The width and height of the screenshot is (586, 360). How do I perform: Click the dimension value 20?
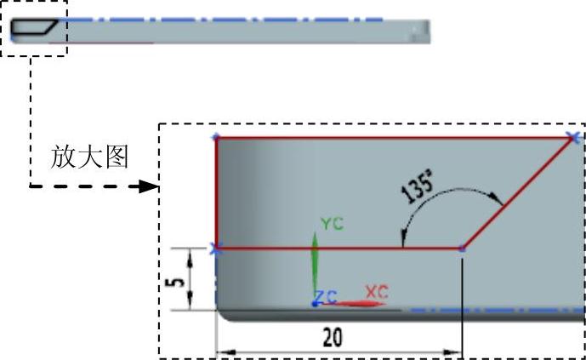pos(332,337)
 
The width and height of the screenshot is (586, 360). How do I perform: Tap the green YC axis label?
pos(331,223)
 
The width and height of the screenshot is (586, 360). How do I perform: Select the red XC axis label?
pos(376,290)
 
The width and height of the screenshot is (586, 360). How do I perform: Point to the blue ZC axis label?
pos(326,296)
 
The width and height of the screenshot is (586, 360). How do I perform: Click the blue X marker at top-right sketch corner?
pos(575,136)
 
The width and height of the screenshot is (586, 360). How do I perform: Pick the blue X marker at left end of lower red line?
pos(216,249)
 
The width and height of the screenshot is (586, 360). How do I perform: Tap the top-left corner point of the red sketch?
pos(216,136)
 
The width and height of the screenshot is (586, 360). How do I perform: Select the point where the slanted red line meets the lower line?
pos(462,249)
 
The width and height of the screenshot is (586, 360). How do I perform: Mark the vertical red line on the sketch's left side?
pos(216,192)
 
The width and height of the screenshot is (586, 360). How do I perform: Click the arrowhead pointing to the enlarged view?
pos(153,186)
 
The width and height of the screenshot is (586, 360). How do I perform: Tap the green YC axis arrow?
pos(314,264)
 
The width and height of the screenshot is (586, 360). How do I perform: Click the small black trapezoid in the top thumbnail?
pos(34,28)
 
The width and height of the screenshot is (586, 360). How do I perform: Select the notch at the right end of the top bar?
pos(418,31)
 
